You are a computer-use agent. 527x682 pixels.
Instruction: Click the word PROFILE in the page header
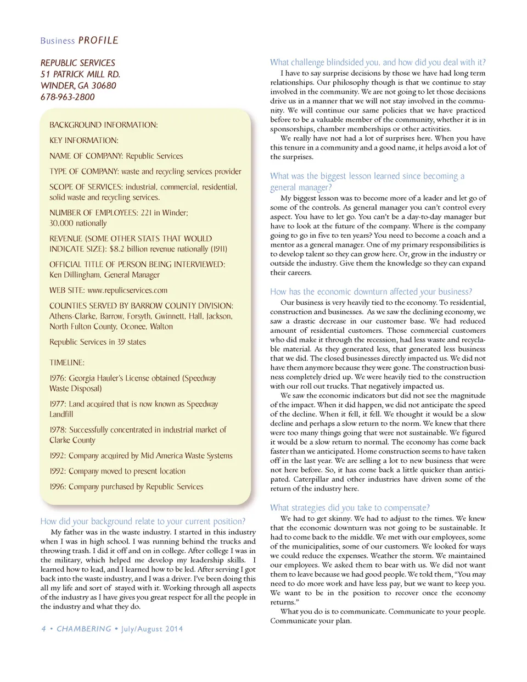(x=98, y=41)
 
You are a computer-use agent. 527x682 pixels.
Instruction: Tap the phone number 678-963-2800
(x=68, y=97)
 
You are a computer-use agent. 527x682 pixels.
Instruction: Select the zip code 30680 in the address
(x=104, y=86)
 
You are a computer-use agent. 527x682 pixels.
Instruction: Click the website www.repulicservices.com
(x=127, y=290)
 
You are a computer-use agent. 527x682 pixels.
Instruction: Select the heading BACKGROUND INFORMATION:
(x=103, y=125)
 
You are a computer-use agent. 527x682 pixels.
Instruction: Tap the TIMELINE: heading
(x=67, y=363)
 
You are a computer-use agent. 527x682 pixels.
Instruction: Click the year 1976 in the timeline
(x=58, y=378)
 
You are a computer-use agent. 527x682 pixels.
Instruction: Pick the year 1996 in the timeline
(x=58, y=487)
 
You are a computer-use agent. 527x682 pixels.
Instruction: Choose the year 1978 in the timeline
(x=58, y=430)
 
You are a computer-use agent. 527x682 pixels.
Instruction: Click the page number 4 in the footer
(x=43, y=629)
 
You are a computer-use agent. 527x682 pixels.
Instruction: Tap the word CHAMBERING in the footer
(x=84, y=629)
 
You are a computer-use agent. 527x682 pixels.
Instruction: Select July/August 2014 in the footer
(x=152, y=629)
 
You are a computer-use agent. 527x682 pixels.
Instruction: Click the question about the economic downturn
(x=371, y=292)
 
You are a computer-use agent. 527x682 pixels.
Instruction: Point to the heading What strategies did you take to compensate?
(x=350, y=508)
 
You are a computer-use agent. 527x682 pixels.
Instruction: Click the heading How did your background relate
(x=143, y=522)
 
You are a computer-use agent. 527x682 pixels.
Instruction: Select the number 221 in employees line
(x=146, y=213)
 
